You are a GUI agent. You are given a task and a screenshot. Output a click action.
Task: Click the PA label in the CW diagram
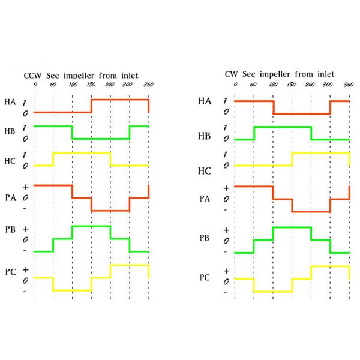(x=205, y=197)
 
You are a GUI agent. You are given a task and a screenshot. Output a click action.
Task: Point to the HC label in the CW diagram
(x=205, y=170)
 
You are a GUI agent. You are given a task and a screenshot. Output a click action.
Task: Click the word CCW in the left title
(x=32, y=76)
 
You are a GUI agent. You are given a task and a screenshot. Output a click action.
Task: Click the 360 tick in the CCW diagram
(x=148, y=85)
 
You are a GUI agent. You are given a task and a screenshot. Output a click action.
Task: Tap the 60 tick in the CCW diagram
(x=53, y=85)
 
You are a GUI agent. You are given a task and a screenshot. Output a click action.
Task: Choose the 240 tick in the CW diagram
(x=311, y=85)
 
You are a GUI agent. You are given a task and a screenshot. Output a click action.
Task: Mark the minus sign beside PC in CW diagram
(x=226, y=293)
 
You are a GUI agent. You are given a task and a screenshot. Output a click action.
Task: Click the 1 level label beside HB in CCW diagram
(x=25, y=127)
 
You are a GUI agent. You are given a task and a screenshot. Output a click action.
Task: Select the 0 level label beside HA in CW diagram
(x=226, y=112)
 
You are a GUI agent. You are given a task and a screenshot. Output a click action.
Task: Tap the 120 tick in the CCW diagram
(x=72, y=85)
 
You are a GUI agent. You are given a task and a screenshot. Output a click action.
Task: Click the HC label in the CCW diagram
(x=10, y=159)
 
